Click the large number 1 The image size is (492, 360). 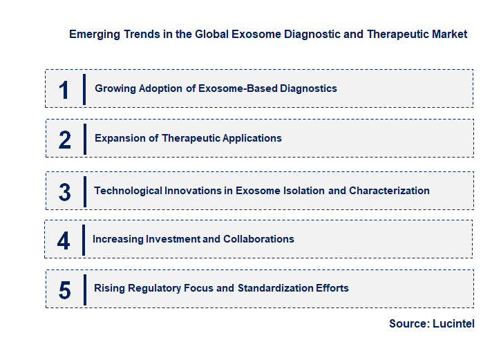[64, 90]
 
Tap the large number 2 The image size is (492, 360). [65, 140]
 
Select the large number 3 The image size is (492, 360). [65, 192]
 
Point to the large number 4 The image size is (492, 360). [64, 240]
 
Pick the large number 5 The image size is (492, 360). [65, 290]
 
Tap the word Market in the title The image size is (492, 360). [448, 34]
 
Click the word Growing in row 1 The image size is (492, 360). [115, 88]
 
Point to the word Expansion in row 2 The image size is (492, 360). [119, 138]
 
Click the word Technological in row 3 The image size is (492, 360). [127, 191]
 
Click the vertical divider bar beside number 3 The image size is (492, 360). [84, 191]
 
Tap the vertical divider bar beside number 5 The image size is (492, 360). [84, 289]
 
